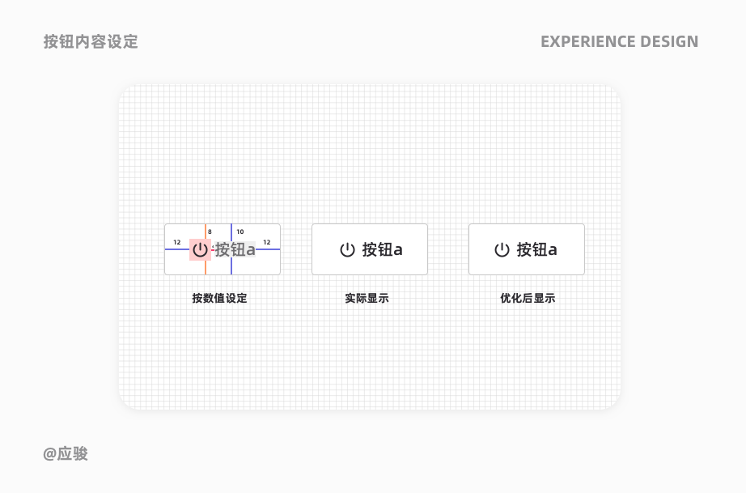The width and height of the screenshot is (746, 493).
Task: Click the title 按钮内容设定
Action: click(x=91, y=41)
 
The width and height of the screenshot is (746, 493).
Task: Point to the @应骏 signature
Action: click(x=66, y=453)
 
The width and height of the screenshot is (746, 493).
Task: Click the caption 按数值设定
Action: click(x=219, y=298)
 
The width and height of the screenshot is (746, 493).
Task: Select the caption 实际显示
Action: click(x=367, y=298)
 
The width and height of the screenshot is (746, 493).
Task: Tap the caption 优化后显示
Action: click(x=528, y=298)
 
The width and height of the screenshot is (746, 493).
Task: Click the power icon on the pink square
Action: click(x=200, y=249)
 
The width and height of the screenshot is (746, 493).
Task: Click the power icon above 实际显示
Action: click(x=347, y=249)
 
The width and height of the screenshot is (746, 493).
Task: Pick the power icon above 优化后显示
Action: click(x=502, y=249)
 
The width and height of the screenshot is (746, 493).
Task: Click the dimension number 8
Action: click(x=210, y=232)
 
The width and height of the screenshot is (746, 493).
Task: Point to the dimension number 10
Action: click(x=239, y=232)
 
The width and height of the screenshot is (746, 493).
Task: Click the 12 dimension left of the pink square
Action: click(x=177, y=242)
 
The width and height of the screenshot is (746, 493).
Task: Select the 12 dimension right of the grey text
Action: click(x=266, y=242)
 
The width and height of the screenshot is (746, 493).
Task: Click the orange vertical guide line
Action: click(x=206, y=266)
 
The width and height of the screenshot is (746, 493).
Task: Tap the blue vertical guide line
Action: click(x=231, y=266)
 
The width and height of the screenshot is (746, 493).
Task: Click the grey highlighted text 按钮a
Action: click(x=235, y=249)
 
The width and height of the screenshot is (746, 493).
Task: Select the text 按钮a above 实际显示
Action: click(x=383, y=249)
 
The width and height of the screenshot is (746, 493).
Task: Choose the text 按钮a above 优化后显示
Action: click(x=537, y=249)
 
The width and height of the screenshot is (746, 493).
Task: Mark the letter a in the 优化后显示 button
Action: click(x=553, y=250)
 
